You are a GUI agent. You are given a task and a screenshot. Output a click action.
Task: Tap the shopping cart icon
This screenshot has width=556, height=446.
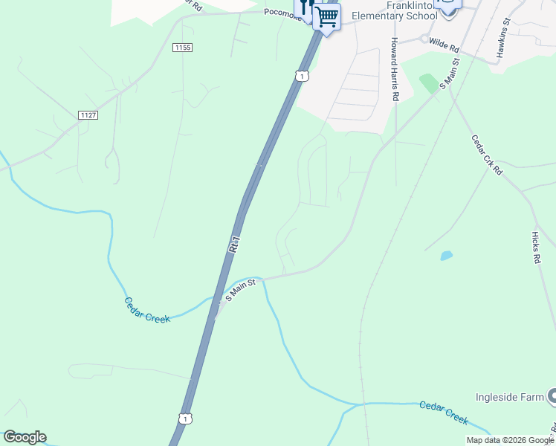point(327,16)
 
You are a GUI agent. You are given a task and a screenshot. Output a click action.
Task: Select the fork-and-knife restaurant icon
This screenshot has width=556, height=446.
point(306,9)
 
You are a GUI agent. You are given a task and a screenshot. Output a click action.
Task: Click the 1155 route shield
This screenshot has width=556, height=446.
point(182,48)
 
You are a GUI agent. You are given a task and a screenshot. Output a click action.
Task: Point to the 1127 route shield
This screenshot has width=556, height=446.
point(88,115)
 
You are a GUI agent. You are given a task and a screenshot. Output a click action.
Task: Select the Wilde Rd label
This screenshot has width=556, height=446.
point(444,45)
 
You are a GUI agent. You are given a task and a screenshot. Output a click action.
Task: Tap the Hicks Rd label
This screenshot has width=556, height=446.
point(535,248)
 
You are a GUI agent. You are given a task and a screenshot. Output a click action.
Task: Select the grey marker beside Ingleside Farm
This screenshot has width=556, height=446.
point(552,397)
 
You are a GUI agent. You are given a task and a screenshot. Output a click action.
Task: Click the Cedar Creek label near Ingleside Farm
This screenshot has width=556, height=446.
point(444,413)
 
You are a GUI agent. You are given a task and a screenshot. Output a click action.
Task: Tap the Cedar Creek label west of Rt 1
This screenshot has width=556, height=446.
point(146,310)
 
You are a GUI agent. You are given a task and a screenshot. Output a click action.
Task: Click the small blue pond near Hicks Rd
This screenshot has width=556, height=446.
point(446,256)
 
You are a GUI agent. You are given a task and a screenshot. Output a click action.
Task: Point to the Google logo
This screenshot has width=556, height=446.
point(25,437)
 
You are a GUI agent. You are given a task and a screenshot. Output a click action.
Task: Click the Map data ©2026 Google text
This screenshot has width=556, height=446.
point(510,440)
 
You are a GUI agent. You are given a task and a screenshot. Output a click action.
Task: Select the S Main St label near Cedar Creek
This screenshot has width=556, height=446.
point(241,289)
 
